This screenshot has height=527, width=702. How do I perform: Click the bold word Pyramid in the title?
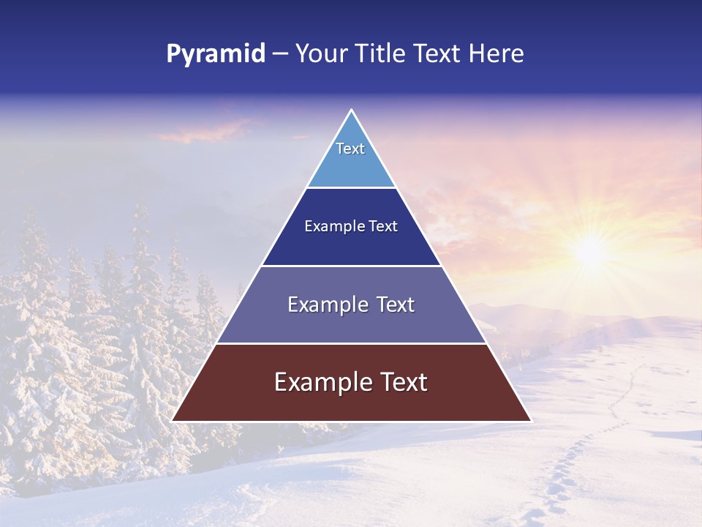click(x=215, y=54)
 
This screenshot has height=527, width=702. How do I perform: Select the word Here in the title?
click(x=497, y=54)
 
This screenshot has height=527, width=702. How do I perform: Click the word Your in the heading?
click(x=322, y=54)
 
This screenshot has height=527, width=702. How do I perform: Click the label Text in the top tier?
click(x=350, y=149)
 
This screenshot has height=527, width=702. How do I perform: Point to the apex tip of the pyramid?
click(x=351, y=111)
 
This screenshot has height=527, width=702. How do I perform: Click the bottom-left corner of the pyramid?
click(x=173, y=420)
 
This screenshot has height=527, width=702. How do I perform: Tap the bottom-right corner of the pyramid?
click(x=529, y=420)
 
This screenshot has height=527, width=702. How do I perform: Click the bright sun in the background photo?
click(x=589, y=251)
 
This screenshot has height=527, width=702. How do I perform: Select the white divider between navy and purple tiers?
click(x=351, y=266)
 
